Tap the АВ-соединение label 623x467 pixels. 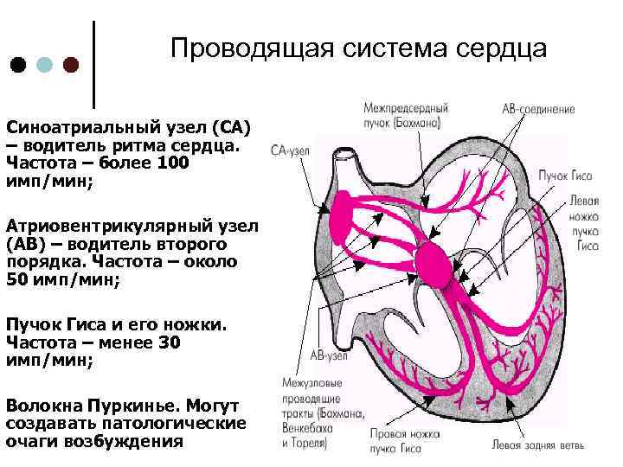[x=538, y=111]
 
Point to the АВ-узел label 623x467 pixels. [x=329, y=355]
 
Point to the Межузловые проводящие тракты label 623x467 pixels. [x=313, y=413]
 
